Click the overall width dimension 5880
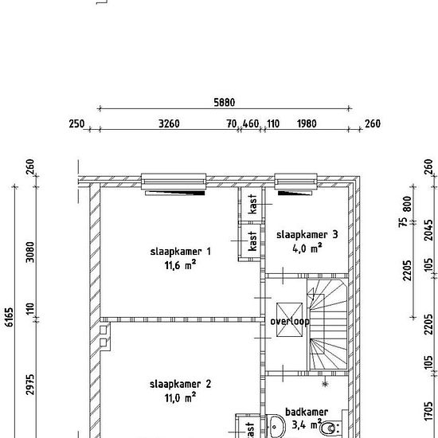point(225,103)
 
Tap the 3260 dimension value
point(169,123)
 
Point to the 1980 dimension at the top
point(307,123)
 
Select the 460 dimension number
point(251,123)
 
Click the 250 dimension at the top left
point(76,123)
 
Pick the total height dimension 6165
point(10,317)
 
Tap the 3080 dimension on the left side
point(30,252)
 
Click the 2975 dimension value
point(30,385)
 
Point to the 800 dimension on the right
point(407,204)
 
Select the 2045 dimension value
point(428,230)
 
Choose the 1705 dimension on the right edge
point(428,411)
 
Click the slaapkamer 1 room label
point(181,252)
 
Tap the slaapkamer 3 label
point(307,235)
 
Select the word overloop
point(290,322)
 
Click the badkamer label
point(307,412)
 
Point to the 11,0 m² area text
point(180,397)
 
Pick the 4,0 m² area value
point(307,248)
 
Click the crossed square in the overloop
point(289,319)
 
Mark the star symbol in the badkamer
point(325,384)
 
